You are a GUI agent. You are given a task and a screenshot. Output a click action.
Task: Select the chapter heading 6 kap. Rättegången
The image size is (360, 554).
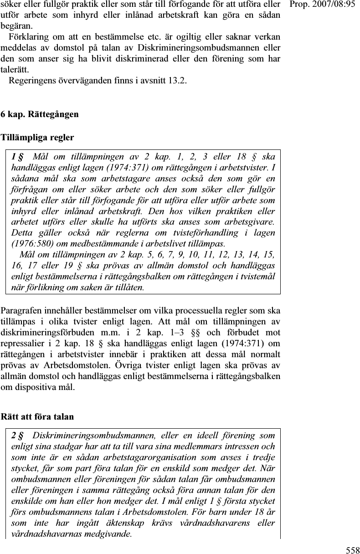40,114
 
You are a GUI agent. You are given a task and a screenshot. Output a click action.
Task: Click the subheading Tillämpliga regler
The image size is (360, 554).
38,137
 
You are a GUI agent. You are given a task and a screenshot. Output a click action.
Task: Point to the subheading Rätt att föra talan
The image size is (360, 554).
38,416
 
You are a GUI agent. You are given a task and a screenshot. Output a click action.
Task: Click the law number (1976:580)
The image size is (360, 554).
28,245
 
